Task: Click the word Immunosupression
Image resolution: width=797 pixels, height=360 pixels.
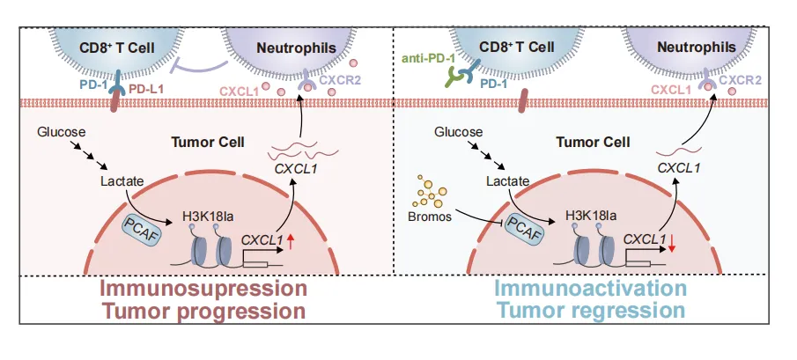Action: pyautogui.click(x=203, y=290)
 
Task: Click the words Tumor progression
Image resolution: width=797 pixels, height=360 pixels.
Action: pyautogui.click(x=203, y=311)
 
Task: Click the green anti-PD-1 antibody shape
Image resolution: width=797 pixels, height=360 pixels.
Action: pyautogui.click(x=458, y=77)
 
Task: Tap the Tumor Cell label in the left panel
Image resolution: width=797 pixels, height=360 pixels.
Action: pyautogui.click(x=203, y=143)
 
